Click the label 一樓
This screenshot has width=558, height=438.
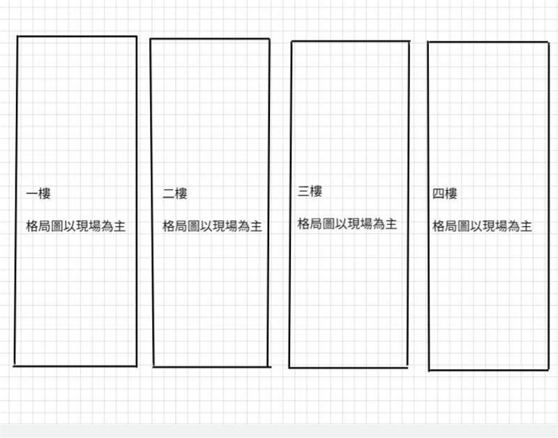tap(38, 194)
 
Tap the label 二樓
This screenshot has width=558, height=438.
tap(175, 194)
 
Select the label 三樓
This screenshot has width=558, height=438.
tap(310, 191)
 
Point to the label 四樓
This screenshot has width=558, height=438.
tap(445, 194)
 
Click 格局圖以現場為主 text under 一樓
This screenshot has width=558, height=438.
tap(76, 226)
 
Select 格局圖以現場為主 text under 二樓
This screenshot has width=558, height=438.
tap(212, 226)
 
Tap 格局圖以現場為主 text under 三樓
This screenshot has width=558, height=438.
tap(347, 224)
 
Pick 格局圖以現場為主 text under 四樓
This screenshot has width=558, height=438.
tap(483, 226)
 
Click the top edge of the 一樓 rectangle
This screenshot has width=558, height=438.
tap(77, 36)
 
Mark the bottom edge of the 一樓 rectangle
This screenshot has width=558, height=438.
tap(75, 365)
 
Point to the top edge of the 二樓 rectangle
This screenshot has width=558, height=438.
tap(210, 39)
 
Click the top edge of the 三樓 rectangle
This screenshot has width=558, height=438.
tap(350, 41)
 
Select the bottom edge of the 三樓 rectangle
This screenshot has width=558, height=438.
tap(349, 367)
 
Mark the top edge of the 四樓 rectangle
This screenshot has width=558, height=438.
tap(488, 43)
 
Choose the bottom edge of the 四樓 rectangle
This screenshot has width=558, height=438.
tap(488, 370)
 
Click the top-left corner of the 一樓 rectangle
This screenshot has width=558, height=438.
tap(17, 36)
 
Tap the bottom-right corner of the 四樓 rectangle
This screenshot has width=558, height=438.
tap(548, 370)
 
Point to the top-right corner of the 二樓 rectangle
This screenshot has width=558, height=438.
tap(269, 39)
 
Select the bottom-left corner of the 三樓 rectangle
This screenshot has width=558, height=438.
tap(289, 367)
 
